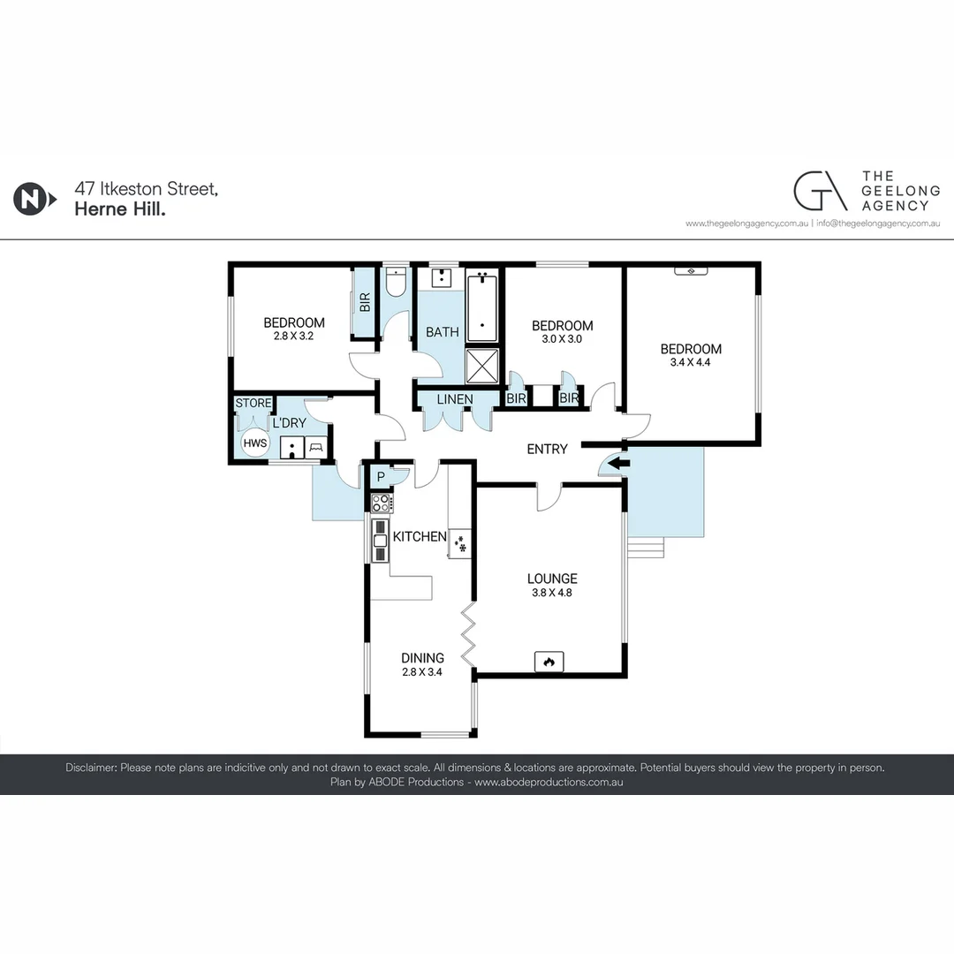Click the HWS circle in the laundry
(x=255, y=443)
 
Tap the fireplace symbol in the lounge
(x=549, y=662)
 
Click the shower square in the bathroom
(x=482, y=365)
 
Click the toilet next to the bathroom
(x=394, y=282)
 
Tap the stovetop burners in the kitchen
(x=382, y=503)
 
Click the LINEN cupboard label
(x=455, y=399)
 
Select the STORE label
(x=254, y=404)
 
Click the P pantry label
(x=381, y=477)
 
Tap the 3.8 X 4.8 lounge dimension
(x=552, y=594)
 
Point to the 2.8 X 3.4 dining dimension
(x=421, y=672)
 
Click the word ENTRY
(x=547, y=449)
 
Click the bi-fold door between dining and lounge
(x=467, y=634)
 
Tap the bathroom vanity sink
(x=439, y=277)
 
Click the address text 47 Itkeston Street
(x=147, y=188)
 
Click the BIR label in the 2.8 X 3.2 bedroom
(x=365, y=302)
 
